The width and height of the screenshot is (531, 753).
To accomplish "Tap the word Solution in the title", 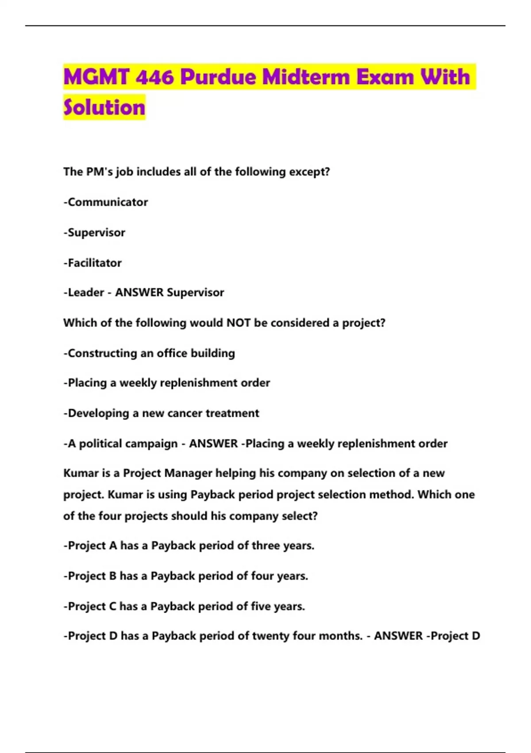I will pyautogui.click(x=104, y=108).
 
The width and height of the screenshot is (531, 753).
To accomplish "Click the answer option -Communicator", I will pyautogui.click(x=106, y=202).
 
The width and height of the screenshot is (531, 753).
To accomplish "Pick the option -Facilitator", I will pyautogui.click(x=92, y=263).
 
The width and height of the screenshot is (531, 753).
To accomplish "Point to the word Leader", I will pyautogui.click(x=86, y=292).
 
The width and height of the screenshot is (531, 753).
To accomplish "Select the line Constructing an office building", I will pyautogui.click(x=150, y=353).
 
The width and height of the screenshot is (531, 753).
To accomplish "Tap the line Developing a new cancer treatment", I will pyautogui.click(x=162, y=413).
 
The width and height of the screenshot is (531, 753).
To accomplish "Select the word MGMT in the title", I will pyautogui.click(x=96, y=77).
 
